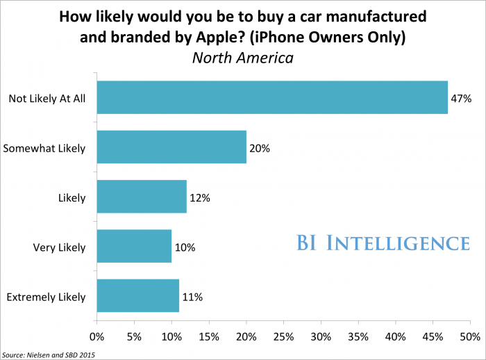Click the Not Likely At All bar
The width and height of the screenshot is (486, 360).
click(x=272, y=97)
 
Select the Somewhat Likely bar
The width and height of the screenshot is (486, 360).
click(x=171, y=147)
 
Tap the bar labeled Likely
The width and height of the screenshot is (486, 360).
click(x=142, y=197)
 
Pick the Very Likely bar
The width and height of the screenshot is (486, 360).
click(x=134, y=247)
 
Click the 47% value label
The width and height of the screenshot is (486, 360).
click(x=462, y=99)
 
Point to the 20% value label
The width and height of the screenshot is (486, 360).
click(x=260, y=148)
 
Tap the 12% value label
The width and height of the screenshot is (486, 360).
click(x=200, y=198)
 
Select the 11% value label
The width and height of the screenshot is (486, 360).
click(x=192, y=297)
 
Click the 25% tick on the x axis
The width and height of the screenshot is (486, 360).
click(x=283, y=337)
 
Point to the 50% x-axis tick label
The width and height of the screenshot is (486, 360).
click(x=470, y=337)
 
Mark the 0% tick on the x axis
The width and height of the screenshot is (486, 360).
click(x=97, y=337)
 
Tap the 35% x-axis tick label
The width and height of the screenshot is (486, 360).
click(x=358, y=337)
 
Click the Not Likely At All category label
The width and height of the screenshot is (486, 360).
click(x=47, y=99)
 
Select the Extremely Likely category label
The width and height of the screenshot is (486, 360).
click(x=46, y=297)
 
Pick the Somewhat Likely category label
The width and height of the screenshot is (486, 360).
click(x=44, y=148)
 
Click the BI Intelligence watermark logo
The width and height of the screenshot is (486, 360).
click(x=380, y=243)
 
